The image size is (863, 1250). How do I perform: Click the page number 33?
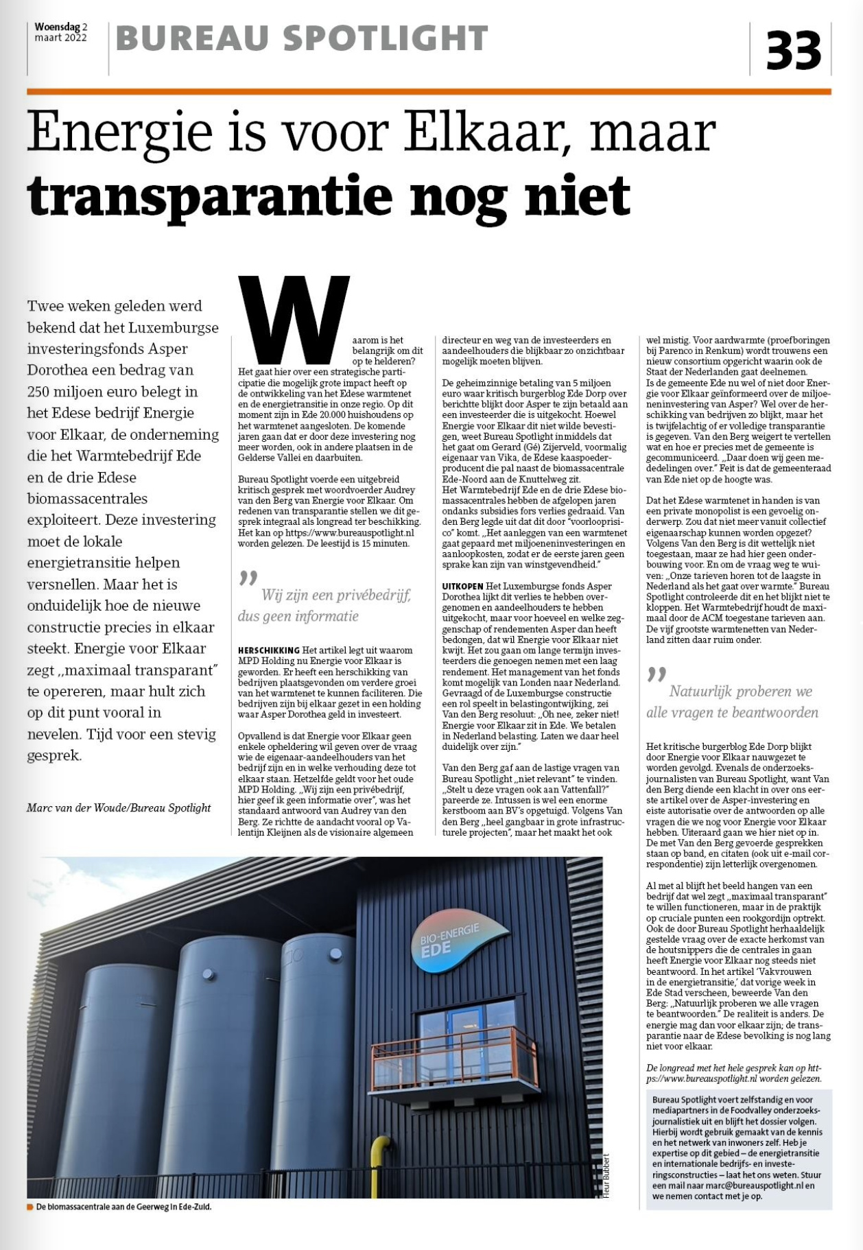(793, 51)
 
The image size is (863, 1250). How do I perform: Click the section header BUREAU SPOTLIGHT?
(302, 38)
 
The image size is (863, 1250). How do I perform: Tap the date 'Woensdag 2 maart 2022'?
(61, 32)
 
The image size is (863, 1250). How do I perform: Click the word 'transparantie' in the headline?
(209, 196)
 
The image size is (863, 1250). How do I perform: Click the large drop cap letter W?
(294, 319)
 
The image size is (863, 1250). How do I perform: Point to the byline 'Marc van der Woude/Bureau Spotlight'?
(119, 807)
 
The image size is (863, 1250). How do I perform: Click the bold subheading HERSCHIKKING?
(269, 650)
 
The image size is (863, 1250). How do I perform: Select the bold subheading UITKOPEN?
(463, 586)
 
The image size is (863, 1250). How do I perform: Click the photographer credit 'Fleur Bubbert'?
(606, 1176)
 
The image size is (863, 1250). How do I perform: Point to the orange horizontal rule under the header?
(429, 91)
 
